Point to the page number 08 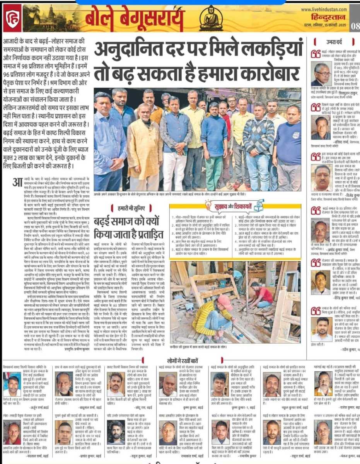355,26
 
